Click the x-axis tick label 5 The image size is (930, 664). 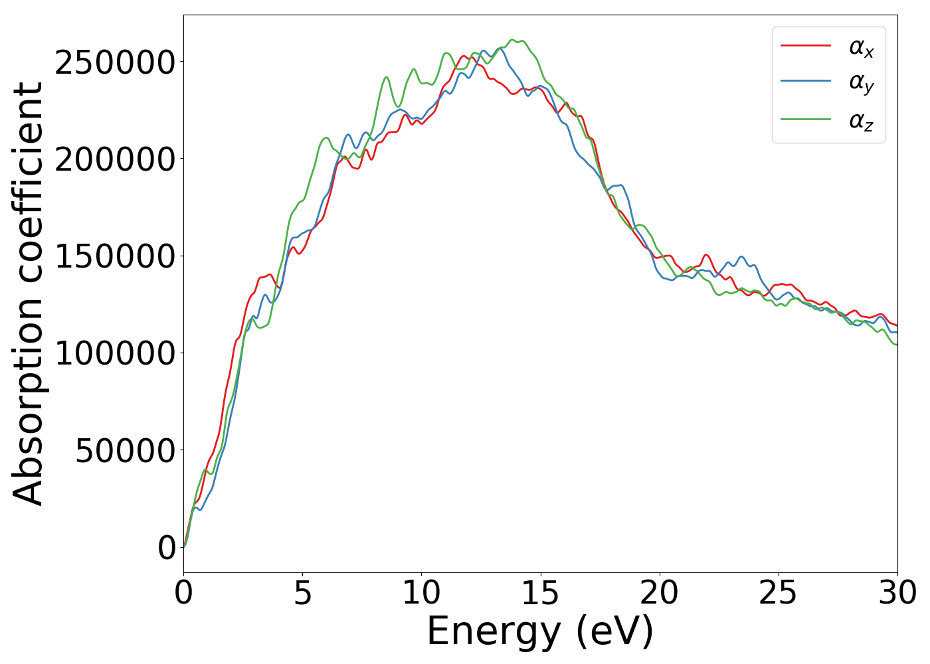point(302,593)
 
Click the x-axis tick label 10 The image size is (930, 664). point(421,593)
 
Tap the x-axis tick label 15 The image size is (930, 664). point(540,593)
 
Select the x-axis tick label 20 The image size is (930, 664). point(659,593)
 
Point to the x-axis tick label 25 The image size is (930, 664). point(778,593)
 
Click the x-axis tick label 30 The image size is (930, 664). point(897,593)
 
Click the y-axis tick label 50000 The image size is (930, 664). point(126,451)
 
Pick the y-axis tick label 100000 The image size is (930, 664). point(116,354)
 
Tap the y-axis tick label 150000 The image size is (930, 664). point(116,257)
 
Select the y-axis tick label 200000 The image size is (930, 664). point(116,160)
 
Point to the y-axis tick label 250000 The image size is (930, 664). point(116,63)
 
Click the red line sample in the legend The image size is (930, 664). point(805,45)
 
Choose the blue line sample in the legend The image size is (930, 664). point(805,81)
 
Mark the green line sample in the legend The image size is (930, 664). point(805,120)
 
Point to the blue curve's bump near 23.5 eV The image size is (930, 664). point(741,257)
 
